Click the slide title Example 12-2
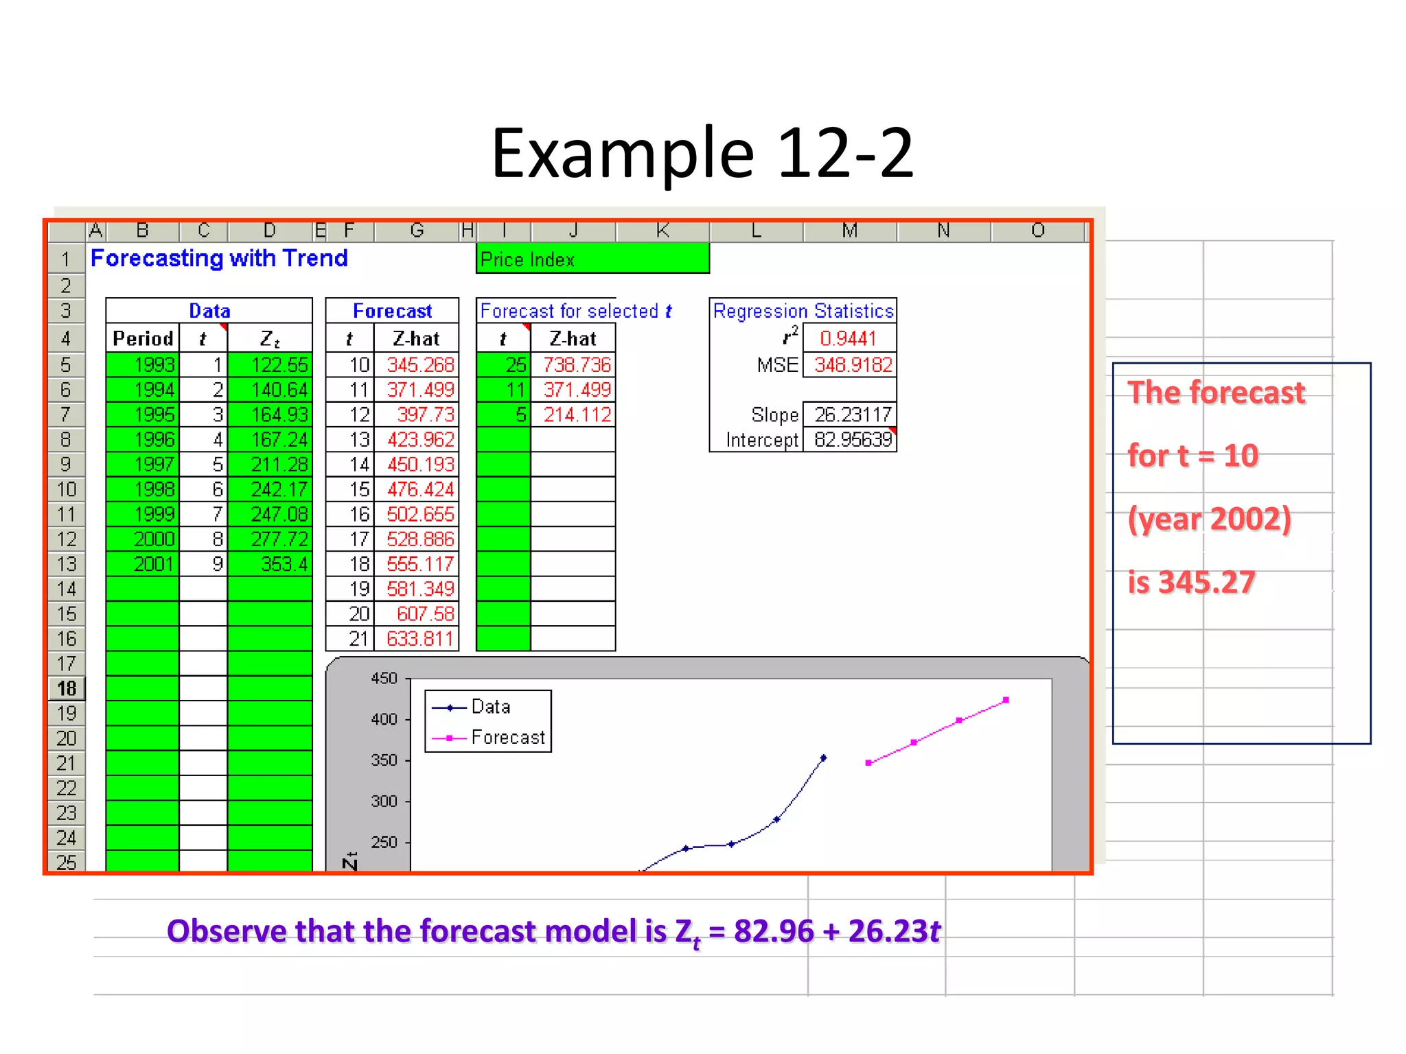[x=702, y=154]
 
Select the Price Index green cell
[x=592, y=259]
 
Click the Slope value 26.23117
[x=851, y=414]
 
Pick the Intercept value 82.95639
[x=851, y=440]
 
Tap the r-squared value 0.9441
[x=849, y=338]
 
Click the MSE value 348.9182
[x=852, y=364]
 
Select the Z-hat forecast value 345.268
[x=419, y=364]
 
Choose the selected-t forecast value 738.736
[x=576, y=364]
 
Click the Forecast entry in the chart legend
[x=507, y=738]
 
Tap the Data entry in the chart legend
[x=490, y=707]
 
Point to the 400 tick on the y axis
[x=384, y=720]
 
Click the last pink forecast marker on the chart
[x=1006, y=700]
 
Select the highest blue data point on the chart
[x=824, y=758]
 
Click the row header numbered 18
[x=67, y=688]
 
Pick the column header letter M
[x=849, y=231]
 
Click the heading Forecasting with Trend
[x=219, y=259]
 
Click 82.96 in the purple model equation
[x=773, y=931]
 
